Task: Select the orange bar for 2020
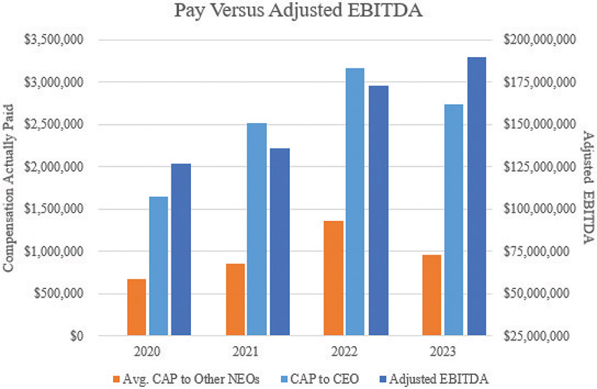pos(136,307)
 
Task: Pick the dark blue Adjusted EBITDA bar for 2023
pos(477,196)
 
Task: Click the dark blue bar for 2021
pos(280,242)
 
